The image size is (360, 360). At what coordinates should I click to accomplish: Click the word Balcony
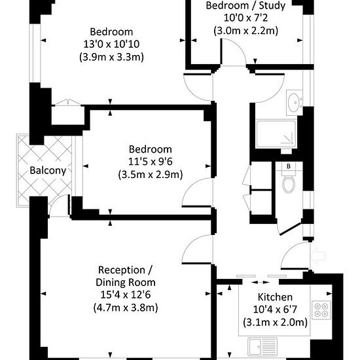click(48, 171)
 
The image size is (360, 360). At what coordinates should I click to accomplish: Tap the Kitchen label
click(275, 297)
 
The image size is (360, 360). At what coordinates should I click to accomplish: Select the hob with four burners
click(321, 310)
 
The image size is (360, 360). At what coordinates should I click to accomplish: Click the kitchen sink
click(262, 348)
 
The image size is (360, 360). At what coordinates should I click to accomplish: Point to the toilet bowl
click(289, 184)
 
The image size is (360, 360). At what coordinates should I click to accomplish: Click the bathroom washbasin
click(295, 103)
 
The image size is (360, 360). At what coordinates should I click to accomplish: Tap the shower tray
click(276, 134)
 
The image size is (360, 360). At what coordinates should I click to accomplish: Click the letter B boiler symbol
click(289, 166)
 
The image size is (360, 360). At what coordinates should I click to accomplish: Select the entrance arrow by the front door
click(318, 255)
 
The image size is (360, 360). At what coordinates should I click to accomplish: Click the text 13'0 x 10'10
click(111, 44)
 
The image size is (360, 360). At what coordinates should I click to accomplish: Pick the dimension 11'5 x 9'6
click(150, 162)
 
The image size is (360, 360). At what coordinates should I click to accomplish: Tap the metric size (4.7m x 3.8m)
click(126, 308)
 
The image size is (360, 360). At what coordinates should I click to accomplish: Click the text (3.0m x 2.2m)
click(245, 31)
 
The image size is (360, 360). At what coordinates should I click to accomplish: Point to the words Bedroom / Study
click(245, 6)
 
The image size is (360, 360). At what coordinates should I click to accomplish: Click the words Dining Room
click(126, 282)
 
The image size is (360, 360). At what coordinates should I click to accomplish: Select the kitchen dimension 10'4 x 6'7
click(275, 310)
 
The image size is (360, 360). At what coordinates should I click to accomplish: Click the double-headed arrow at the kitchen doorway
click(260, 282)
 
